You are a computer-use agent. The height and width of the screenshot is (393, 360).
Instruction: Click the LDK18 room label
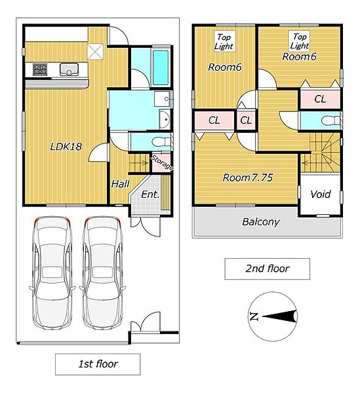coord(66,146)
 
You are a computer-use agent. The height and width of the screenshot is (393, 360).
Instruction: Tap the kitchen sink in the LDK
coord(69,69)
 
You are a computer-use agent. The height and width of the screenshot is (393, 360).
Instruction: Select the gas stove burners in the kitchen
coord(40,69)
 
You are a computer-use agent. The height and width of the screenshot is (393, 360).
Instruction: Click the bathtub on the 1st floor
coord(161,67)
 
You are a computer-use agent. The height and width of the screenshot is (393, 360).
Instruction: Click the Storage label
coord(162,162)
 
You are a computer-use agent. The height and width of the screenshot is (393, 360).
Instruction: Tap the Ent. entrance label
coord(150,195)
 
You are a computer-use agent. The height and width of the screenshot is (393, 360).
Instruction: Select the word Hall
coord(121,184)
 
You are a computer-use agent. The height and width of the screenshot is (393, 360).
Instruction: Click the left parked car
coord(52,272)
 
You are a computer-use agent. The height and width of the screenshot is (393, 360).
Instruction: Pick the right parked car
coord(103,272)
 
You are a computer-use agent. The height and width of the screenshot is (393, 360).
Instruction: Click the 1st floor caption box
coord(98,364)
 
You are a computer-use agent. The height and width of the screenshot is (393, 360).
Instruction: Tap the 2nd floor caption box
coord(267,269)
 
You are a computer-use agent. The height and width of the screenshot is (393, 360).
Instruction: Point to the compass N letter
coord(254,317)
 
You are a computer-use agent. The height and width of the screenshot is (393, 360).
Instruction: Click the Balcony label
coord(260,222)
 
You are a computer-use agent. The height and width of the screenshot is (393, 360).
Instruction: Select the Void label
coord(321,195)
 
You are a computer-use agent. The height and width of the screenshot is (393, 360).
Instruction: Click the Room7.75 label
coord(248,178)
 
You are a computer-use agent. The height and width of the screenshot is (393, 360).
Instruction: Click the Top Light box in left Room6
coord(224,41)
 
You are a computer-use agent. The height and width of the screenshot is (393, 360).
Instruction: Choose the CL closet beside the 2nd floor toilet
coord(320,99)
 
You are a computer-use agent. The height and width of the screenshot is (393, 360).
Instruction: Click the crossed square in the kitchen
coord(95,52)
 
